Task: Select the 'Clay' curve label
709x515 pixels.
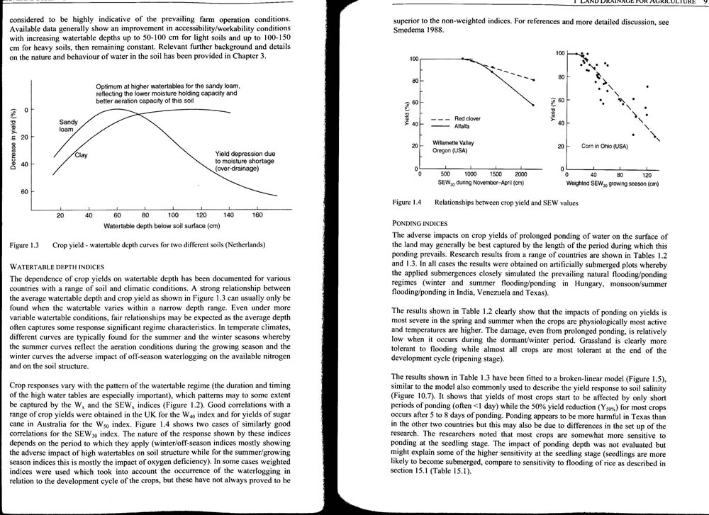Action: click(81, 156)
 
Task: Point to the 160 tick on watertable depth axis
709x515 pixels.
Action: click(257, 215)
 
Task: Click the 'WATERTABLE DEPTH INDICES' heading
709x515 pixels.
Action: click(58, 266)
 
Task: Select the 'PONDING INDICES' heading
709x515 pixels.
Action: click(420, 223)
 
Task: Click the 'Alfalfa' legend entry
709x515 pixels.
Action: click(464, 126)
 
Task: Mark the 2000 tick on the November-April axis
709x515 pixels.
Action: click(520, 174)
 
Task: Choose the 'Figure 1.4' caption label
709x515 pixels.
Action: click(408, 203)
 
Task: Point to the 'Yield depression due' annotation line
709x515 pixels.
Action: click(245, 154)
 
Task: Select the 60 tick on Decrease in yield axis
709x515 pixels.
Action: click(24, 192)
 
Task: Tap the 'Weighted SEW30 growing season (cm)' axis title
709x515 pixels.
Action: click(613, 183)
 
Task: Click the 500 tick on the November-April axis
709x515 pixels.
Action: click(445, 174)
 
